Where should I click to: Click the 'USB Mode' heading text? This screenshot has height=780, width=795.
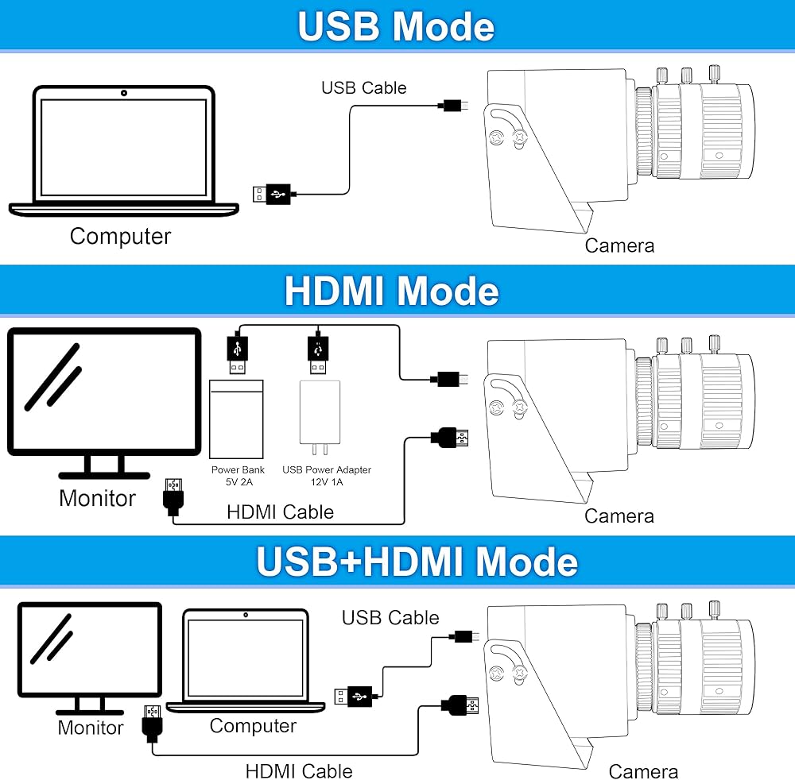click(x=396, y=26)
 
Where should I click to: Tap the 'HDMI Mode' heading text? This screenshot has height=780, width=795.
click(x=392, y=291)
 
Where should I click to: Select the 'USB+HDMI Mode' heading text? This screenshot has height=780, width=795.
click(x=417, y=562)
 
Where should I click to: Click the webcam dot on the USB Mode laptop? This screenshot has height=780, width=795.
click(x=124, y=93)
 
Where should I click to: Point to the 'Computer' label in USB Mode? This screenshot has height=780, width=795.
click(x=121, y=237)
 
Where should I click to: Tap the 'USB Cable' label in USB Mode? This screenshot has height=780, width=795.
click(x=364, y=87)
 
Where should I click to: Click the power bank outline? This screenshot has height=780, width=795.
click(x=236, y=419)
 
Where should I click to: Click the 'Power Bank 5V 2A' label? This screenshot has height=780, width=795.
click(x=238, y=476)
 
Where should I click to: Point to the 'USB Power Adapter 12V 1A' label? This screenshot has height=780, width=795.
click(x=327, y=476)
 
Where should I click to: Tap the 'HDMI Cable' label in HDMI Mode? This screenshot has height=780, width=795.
click(x=281, y=512)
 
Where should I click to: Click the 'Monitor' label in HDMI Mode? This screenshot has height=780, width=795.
click(x=97, y=498)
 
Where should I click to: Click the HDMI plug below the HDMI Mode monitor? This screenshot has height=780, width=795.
click(x=173, y=496)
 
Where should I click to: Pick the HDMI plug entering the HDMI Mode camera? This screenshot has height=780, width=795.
click(x=450, y=438)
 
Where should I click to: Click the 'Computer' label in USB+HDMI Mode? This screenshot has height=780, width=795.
click(x=253, y=726)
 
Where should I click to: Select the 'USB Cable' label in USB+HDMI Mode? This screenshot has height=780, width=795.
click(x=390, y=617)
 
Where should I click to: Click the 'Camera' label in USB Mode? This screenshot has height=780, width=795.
click(x=619, y=245)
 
